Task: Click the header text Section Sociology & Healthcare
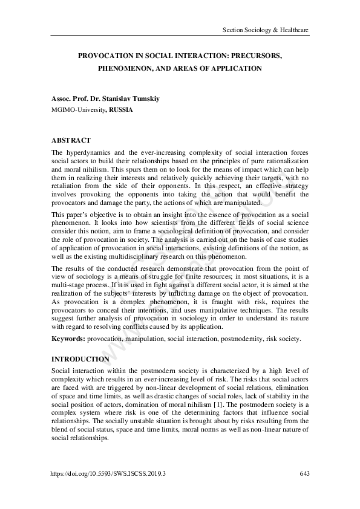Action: click(x=266, y=29)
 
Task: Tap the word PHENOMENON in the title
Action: click(x=124, y=69)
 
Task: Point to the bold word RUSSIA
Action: click(x=121, y=110)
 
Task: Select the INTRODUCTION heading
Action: click(x=80, y=358)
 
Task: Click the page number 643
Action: click(x=304, y=473)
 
